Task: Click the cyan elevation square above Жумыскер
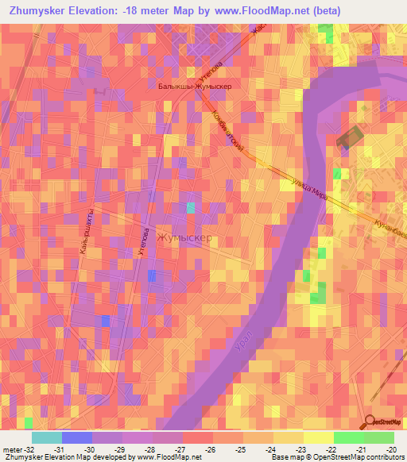point(191,208)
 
